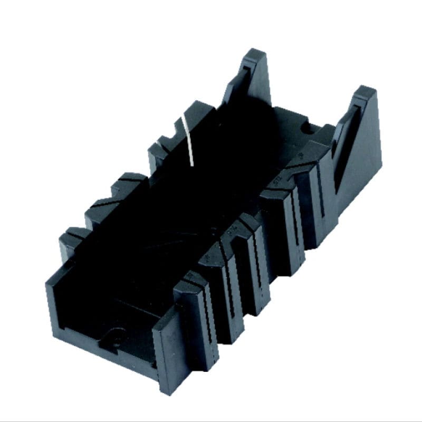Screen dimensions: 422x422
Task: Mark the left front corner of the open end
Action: (50, 280)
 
